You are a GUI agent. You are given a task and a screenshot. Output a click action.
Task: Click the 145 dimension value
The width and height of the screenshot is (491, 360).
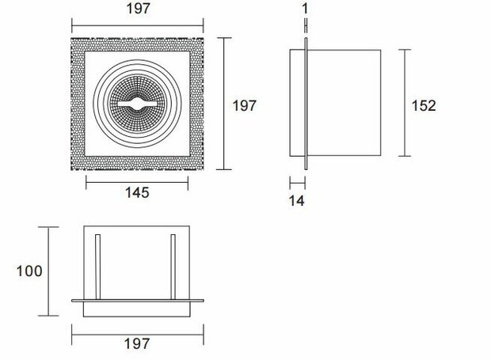pos(136,192)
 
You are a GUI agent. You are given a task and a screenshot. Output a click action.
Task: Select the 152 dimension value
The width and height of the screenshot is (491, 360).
pos(424,105)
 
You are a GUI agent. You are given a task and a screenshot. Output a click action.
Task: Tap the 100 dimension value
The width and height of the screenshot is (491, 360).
pos(29,271)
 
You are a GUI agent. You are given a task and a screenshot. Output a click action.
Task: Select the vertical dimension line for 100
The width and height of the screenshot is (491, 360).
pos(50,271)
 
